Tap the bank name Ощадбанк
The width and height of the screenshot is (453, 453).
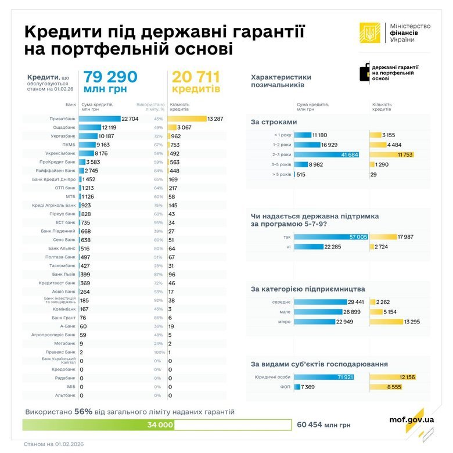64,127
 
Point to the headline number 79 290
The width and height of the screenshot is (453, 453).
110,78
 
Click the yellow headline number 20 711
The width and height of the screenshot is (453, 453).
195,78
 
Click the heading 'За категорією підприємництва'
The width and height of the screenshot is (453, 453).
308,289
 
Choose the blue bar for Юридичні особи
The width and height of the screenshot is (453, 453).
324,377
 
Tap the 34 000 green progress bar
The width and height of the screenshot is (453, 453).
98,425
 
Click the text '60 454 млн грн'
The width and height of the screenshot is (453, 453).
323,425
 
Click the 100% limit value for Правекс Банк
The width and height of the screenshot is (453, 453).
159,352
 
